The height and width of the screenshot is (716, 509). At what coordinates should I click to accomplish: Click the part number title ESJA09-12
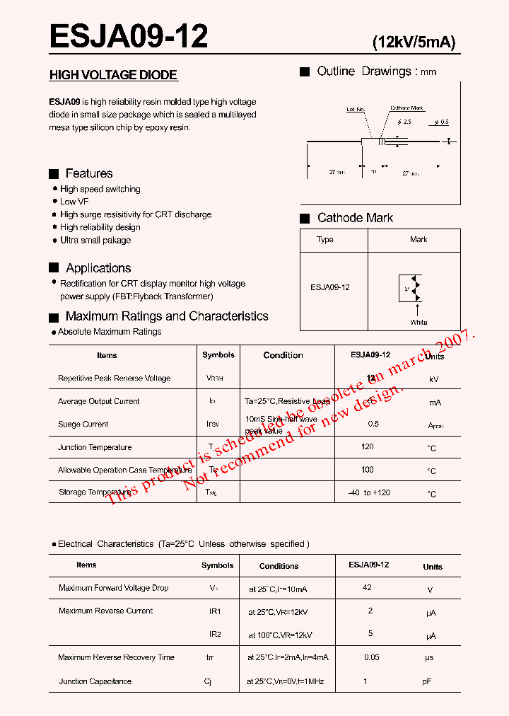point(129,36)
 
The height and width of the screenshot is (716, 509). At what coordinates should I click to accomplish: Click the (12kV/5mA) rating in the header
point(414,42)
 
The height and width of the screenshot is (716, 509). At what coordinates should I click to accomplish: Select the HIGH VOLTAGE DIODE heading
point(113,75)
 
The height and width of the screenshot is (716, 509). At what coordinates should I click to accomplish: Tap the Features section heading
point(88,173)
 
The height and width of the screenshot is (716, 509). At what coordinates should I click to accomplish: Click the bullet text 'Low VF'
point(74,202)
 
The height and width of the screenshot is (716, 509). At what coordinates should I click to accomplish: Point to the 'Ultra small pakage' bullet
point(95,240)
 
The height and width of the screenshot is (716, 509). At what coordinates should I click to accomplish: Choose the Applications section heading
point(98,268)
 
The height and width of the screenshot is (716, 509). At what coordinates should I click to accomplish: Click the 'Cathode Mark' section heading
point(355,218)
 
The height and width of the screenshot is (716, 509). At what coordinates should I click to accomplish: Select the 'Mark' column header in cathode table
point(419,240)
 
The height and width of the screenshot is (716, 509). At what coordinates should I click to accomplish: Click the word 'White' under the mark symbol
point(419,322)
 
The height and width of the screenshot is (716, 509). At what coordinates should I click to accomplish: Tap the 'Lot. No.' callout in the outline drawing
point(355,110)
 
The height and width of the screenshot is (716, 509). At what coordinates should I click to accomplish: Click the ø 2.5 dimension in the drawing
point(404,122)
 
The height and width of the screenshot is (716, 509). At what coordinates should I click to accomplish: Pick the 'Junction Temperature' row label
point(95,447)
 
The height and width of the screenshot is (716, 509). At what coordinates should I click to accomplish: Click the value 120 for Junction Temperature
point(367,447)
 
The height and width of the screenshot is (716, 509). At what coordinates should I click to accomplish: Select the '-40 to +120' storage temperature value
point(369,492)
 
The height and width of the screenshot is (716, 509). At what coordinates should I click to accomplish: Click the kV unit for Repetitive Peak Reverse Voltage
point(433,379)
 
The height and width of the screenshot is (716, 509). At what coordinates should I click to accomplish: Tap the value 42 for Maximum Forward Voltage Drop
point(367,587)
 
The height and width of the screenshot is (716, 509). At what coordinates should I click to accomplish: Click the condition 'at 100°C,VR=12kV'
point(280,635)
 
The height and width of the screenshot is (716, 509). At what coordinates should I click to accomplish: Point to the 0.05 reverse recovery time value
point(371,657)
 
